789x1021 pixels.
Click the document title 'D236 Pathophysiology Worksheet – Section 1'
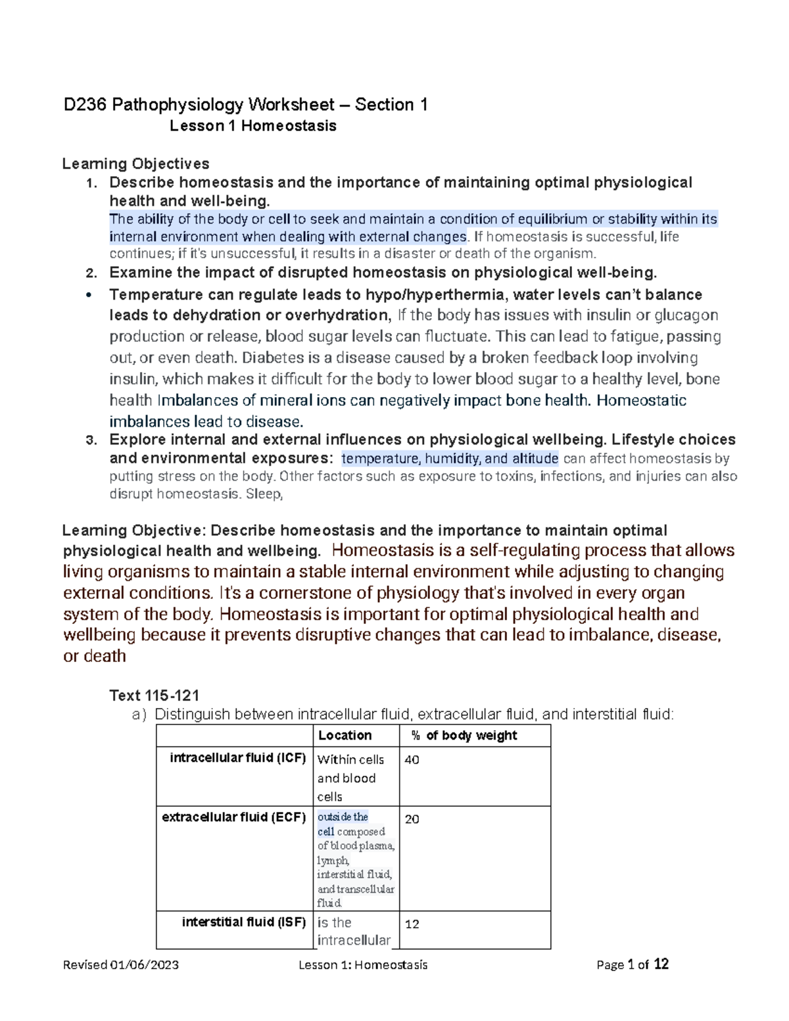click(245, 105)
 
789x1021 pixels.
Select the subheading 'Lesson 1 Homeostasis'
click(252, 126)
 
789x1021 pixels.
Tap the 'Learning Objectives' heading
click(135, 164)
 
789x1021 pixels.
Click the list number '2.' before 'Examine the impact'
click(91, 273)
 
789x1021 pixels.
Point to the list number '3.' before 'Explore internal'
click(91, 440)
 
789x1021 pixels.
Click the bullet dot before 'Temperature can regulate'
click(89, 295)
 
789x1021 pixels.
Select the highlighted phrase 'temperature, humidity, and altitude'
click(450, 458)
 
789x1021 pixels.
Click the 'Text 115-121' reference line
click(154, 696)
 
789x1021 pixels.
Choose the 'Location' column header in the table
click(345, 736)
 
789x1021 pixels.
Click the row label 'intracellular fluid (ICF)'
click(237, 758)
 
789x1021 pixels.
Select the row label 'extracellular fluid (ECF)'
click(233, 817)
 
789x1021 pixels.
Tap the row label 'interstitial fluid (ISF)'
click(243, 922)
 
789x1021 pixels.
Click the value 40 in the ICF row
click(412, 760)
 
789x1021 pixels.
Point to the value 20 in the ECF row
click(412, 819)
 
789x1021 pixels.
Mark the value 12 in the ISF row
click(412, 924)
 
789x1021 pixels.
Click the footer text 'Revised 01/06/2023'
click(120, 964)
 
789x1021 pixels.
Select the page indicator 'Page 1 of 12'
click(632, 964)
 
